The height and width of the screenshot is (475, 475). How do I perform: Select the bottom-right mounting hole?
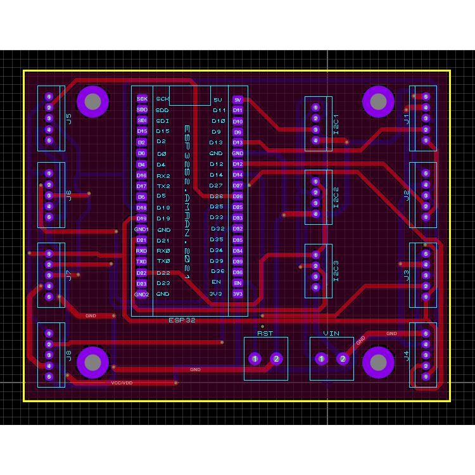pos(377,362)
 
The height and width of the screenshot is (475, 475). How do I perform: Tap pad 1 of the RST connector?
pos(255,359)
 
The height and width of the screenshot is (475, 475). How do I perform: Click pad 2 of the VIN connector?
pos(343,359)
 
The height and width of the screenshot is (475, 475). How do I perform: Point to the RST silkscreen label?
pos(265,333)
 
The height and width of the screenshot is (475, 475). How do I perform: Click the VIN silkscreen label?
pos(331,333)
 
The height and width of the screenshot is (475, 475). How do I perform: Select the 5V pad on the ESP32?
pos(237,99)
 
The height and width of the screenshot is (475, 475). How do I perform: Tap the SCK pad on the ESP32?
pos(142,99)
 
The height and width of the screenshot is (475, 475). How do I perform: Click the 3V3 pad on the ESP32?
pos(237,294)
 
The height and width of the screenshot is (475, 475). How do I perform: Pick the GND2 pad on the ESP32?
pos(141,294)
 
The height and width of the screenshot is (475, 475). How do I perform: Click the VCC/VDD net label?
pos(122,383)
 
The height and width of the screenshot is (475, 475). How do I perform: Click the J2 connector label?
pos(407,194)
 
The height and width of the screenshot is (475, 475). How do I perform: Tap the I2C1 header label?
pos(336,123)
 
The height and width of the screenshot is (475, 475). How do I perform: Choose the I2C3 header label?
pos(336,270)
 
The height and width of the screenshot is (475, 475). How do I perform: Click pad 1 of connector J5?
pos(49,96)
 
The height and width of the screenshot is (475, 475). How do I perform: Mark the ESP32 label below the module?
pos(182,320)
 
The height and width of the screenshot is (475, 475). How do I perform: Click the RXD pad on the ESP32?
pos(142,251)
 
